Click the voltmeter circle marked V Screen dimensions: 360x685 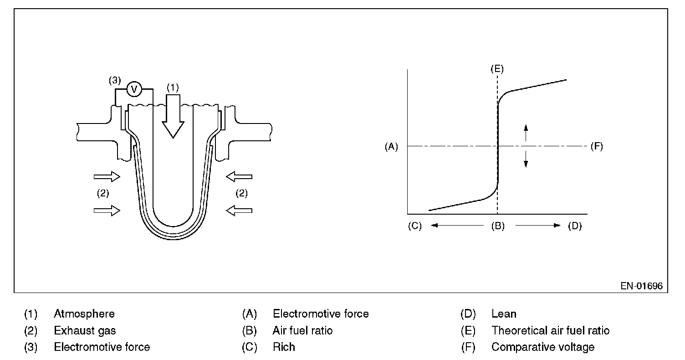tap(134, 89)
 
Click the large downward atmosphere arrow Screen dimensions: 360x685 tap(173, 117)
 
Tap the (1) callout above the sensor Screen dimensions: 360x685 tap(172, 87)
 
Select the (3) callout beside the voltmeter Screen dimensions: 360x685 tap(115, 81)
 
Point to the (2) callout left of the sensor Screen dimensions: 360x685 tap(103, 193)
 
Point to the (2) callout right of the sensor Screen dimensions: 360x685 tap(241, 193)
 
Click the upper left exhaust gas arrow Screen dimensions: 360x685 tap(107, 176)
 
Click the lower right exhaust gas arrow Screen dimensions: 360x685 tap(239, 210)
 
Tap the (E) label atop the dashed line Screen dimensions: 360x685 tap(497, 69)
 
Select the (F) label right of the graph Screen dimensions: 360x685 tap(596, 147)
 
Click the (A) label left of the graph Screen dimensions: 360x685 tap(391, 147)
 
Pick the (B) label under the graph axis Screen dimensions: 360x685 tap(497, 226)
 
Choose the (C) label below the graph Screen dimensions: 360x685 tap(415, 226)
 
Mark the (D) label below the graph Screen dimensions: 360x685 tap(575, 226)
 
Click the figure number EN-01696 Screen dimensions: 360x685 tap(641, 286)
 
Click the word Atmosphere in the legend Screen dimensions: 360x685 tap(84, 314)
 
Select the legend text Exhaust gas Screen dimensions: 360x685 tap(85, 330)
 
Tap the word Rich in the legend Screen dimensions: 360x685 tap(284, 347)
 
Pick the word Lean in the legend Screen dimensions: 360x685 tap(504, 314)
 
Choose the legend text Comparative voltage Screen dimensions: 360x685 tap(543, 347)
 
